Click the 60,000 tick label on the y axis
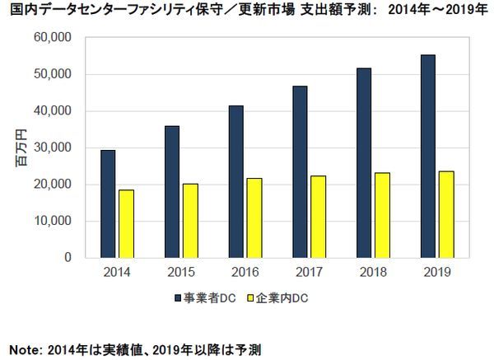tap(54, 38)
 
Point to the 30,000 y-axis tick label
tap(54, 147)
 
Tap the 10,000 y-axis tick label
tap(54, 221)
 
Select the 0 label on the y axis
tap(69, 257)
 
